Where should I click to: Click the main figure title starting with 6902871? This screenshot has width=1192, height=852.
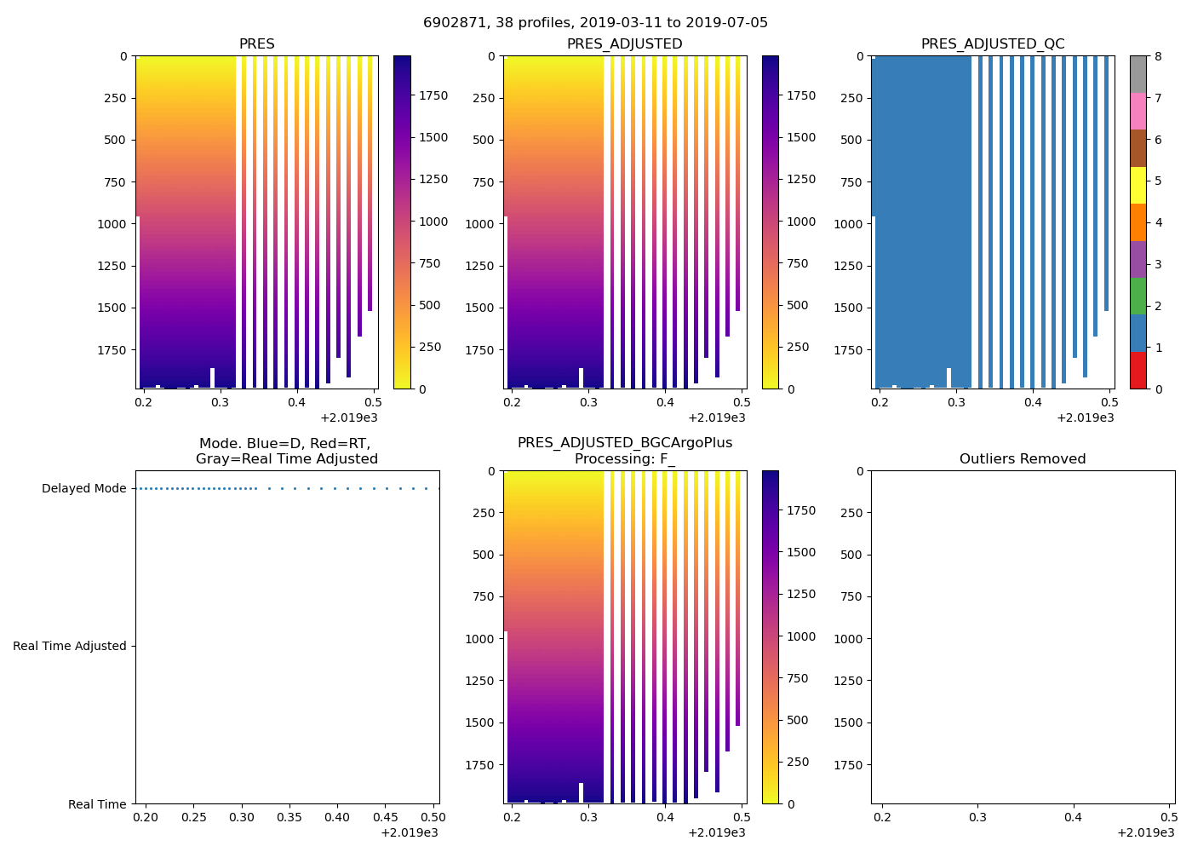(595, 23)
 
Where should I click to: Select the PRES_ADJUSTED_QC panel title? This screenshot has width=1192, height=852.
(993, 44)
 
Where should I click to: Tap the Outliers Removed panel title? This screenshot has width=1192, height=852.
(1023, 459)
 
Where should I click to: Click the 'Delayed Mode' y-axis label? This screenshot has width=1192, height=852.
(83, 489)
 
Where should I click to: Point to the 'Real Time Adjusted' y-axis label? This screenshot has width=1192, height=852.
(69, 647)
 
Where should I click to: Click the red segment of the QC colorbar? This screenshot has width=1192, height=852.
(1138, 371)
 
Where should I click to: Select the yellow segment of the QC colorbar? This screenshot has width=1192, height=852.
(1138, 185)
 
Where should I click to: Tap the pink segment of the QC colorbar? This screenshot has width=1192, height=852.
(1138, 111)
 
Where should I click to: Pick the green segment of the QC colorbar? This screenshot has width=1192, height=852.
(1138, 296)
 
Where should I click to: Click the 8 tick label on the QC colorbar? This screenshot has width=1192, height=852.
(1158, 56)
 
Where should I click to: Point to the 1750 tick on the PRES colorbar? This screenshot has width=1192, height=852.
(433, 96)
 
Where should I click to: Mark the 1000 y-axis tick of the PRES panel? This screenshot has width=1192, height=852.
(116, 224)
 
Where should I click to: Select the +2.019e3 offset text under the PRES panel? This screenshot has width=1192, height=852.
(349, 418)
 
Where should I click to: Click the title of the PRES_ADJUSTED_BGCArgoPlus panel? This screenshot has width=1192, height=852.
(625, 451)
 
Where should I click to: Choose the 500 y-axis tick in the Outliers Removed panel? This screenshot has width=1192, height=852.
(851, 555)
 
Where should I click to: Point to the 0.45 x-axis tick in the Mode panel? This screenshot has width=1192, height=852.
(386, 818)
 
